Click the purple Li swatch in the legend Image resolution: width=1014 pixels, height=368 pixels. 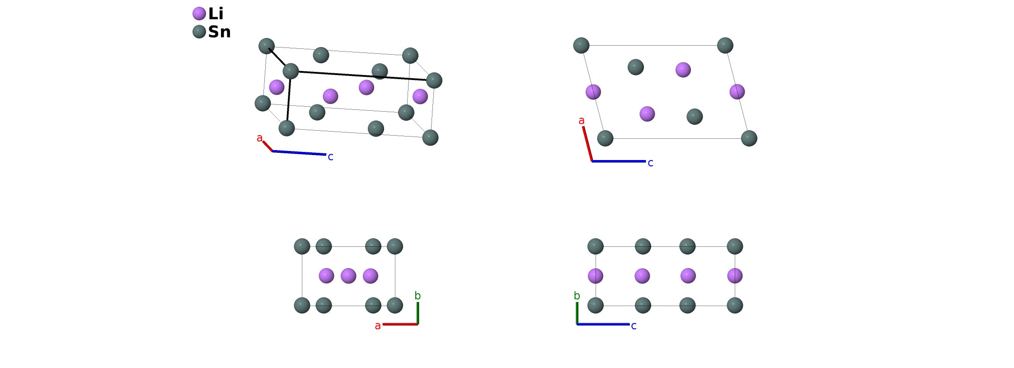tap(199, 14)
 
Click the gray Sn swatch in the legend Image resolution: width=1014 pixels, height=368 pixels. tap(199, 32)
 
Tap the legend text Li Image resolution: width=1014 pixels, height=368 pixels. tap(216, 14)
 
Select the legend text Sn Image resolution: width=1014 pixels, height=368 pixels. tap(219, 32)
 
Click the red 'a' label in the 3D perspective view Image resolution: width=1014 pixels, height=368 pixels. tap(259, 138)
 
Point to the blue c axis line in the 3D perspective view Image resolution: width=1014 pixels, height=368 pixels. tap(299, 153)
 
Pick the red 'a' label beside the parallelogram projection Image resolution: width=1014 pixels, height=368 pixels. tap(582, 121)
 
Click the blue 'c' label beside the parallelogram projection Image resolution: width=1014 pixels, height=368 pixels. tap(650, 163)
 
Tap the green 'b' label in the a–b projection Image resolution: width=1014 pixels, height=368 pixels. tap(418, 296)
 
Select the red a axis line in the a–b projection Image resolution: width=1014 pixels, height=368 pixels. tap(400, 324)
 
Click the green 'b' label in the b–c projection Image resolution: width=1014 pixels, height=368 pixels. tap(577, 296)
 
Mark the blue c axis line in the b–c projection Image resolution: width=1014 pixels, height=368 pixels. tap(603, 324)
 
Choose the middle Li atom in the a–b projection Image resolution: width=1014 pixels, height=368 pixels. tap(348, 276)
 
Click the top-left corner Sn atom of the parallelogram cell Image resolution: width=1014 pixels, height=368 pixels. tap(581, 45)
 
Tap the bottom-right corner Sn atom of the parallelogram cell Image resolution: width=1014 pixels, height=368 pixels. tap(749, 138)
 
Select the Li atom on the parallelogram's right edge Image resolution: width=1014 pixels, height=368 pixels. tap(737, 92)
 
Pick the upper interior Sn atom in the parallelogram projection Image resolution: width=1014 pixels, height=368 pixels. tap(635, 67)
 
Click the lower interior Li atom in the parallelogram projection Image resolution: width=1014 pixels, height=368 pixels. tap(647, 114)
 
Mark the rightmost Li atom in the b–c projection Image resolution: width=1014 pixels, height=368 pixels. tap(735, 276)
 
